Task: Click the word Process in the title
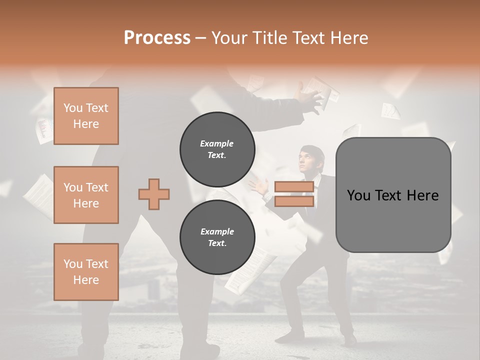(x=157, y=38)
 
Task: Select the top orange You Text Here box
(x=86, y=116)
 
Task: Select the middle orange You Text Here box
(x=86, y=195)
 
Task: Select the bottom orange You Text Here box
(x=86, y=271)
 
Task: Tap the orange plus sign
(x=154, y=194)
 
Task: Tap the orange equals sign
(x=294, y=194)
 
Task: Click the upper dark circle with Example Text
(x=217, y=149)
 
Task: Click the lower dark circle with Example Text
(x=217, y=237)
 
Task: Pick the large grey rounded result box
(x=393, y=194)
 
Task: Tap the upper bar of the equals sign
(x=294, y=187)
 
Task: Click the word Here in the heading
(x=350, y=38)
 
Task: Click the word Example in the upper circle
(x=217, y=143)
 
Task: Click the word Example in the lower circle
(x=217, y=231)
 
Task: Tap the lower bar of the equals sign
(x=294, y=201)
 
